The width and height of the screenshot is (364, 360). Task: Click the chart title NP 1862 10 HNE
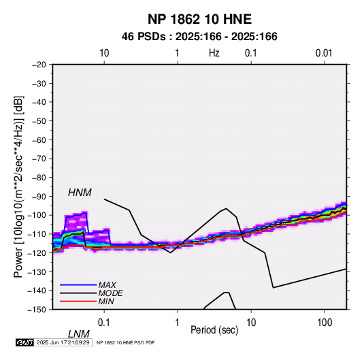point(199,19)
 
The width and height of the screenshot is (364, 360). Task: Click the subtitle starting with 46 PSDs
point(199,37)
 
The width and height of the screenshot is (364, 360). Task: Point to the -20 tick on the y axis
point(39,65)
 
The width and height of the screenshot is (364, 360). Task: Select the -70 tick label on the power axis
point(39,159)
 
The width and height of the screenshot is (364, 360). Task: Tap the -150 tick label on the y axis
point(37,310)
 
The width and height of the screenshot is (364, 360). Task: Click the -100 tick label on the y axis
point(37,215)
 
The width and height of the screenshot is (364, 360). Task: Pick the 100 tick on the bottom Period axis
point(325,323)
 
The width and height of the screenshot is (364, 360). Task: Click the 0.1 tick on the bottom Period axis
point(104,323)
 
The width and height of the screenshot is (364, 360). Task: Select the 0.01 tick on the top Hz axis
point(324,53)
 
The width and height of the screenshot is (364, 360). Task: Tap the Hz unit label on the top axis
point(214,53)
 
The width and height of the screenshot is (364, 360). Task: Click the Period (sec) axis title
point(214,330)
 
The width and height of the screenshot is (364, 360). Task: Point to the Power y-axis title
point(18,187)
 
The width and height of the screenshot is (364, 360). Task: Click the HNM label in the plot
point(80,193)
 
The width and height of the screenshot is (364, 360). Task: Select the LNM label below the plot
point(79,334)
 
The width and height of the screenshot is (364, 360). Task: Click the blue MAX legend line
point(78,285)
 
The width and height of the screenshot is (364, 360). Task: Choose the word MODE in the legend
point(110,293)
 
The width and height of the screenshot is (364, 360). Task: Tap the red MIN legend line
point(78,301)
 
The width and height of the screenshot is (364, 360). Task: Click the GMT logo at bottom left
point(25,342)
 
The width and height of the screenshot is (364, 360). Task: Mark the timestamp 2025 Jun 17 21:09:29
point(63,342)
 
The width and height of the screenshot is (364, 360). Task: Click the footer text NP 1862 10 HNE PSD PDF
point(125,342)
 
